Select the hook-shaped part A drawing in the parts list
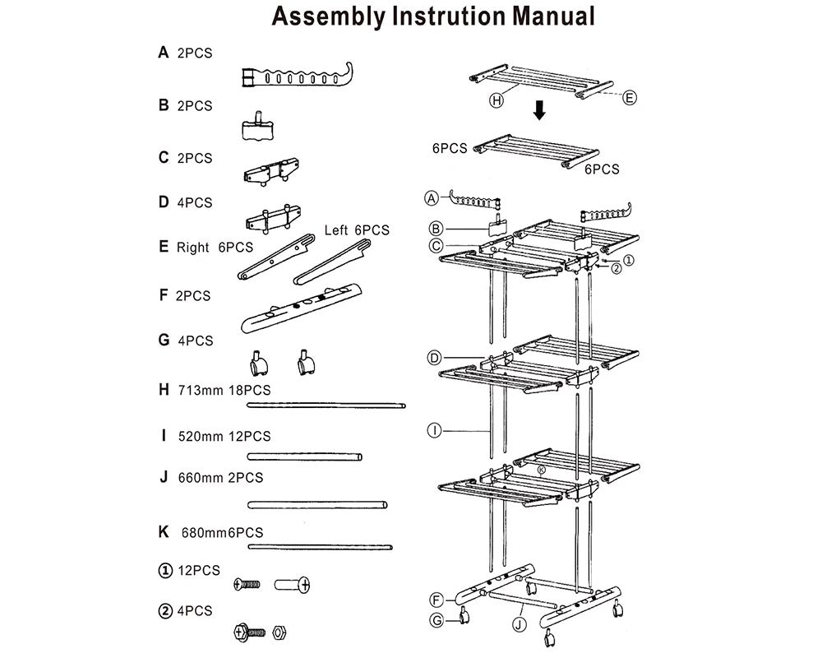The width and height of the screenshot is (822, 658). coord(297,76)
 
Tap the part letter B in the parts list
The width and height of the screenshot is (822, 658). coord(164,105)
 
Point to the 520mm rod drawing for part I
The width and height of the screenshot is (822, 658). coord(305,456)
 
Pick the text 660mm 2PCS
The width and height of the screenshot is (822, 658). coord(220,477)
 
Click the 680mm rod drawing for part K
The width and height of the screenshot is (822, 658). coord(320,545)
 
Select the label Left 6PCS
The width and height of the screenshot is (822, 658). coord(356,230)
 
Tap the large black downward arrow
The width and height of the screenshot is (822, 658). coord(539,110)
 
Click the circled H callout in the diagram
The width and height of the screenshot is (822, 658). coord(496,100)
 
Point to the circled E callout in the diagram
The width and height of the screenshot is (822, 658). coord(630,98)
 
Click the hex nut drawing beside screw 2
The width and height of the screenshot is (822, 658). coord(278,632)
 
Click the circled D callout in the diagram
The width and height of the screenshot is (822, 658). coord(435,357)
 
